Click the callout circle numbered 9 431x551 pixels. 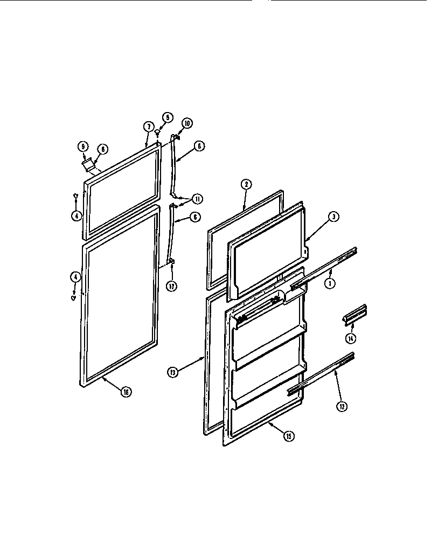coord(83,145)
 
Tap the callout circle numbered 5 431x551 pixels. coord(166,117)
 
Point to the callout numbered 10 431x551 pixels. coord(186,123)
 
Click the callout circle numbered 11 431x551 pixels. coord(198,199)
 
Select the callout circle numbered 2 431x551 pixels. coord(245,184)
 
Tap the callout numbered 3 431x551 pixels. coord(334,217)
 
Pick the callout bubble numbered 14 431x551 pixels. coord(351,338)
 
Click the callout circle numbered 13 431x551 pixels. coord(172,371)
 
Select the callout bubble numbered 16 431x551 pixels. coord(126,392)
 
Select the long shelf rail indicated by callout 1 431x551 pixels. coord(323,269)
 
